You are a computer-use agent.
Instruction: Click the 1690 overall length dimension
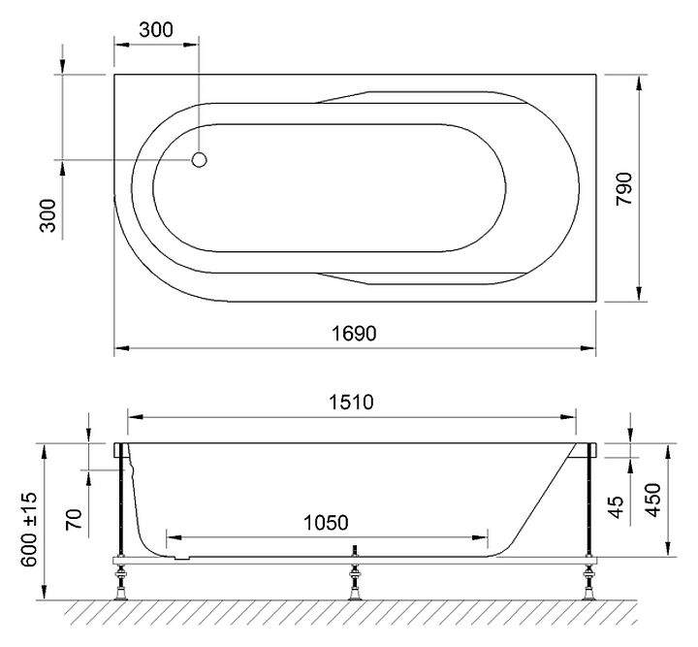355,334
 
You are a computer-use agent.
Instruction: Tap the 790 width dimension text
624,188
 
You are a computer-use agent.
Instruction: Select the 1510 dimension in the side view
351,403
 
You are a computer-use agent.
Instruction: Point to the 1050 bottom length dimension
326,523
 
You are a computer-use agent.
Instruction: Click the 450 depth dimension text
653,501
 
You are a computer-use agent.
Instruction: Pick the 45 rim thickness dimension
616,507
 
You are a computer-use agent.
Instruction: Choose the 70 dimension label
75,519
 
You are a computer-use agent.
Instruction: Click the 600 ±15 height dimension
30,529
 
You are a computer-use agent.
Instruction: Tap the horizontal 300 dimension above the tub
156,30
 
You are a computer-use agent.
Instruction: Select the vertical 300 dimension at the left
48,215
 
